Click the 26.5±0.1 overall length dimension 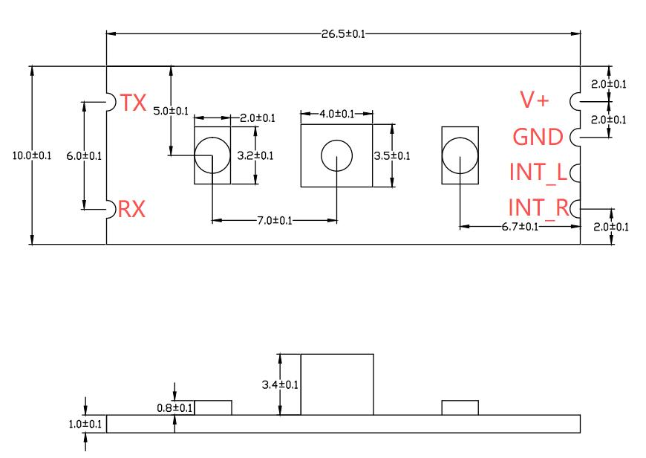pos(343,34)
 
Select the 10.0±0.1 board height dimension pos(32,155)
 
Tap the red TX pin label pos(133,103)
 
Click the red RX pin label pos(132,209)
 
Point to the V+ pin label pos(535,100)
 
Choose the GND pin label pos(538,137)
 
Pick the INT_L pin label pos(538,172)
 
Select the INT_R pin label pos(539,207)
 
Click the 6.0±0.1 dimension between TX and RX pos(84,156)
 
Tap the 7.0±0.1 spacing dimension pos(275,221)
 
